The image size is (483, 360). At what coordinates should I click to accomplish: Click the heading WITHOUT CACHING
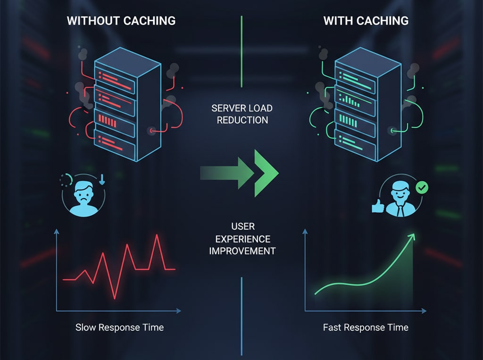pos(121,21)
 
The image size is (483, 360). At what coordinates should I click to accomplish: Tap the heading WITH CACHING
pos(366,21)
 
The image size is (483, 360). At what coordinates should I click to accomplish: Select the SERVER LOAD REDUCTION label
pos(242,114)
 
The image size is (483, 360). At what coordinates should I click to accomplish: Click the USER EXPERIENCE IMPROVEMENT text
pos(242,238)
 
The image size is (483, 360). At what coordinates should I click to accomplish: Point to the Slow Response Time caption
pos(119,327)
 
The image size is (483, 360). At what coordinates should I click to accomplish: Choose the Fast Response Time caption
pos(366,327)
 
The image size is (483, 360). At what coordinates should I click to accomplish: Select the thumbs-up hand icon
pos(378,206)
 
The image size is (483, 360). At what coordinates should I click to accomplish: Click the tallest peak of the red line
pos(157,235)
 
